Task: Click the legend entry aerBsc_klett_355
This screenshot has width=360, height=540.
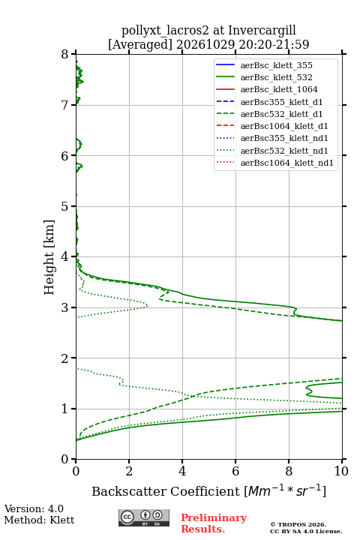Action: [x=276, y=65]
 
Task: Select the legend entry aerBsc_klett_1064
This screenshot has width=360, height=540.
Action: [x=279, y=89]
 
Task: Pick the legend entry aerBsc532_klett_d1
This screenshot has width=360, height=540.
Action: [x=281, y=114]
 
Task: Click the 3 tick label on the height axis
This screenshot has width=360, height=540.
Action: [x=64, y=307]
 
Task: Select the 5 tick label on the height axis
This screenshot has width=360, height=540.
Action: [x=64, y=206]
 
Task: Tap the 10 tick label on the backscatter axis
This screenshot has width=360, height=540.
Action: [x=341, y=471]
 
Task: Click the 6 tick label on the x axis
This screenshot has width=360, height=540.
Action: [x=235, y=471]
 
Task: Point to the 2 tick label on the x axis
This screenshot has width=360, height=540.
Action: [x=129, y=471]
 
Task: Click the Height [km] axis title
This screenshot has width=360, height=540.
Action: [x=49, y=257]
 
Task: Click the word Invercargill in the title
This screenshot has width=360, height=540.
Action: [x=262, y=31]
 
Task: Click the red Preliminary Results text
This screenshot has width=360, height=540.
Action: [x=214, y=523]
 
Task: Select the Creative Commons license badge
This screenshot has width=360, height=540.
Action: [x=144, y=517]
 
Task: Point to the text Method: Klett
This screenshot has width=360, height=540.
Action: [x=39, y=520]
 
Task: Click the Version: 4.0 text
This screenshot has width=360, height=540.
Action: [x=34, y=509]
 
